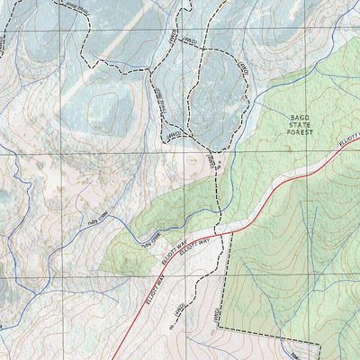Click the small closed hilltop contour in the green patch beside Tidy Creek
click(126, 260)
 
